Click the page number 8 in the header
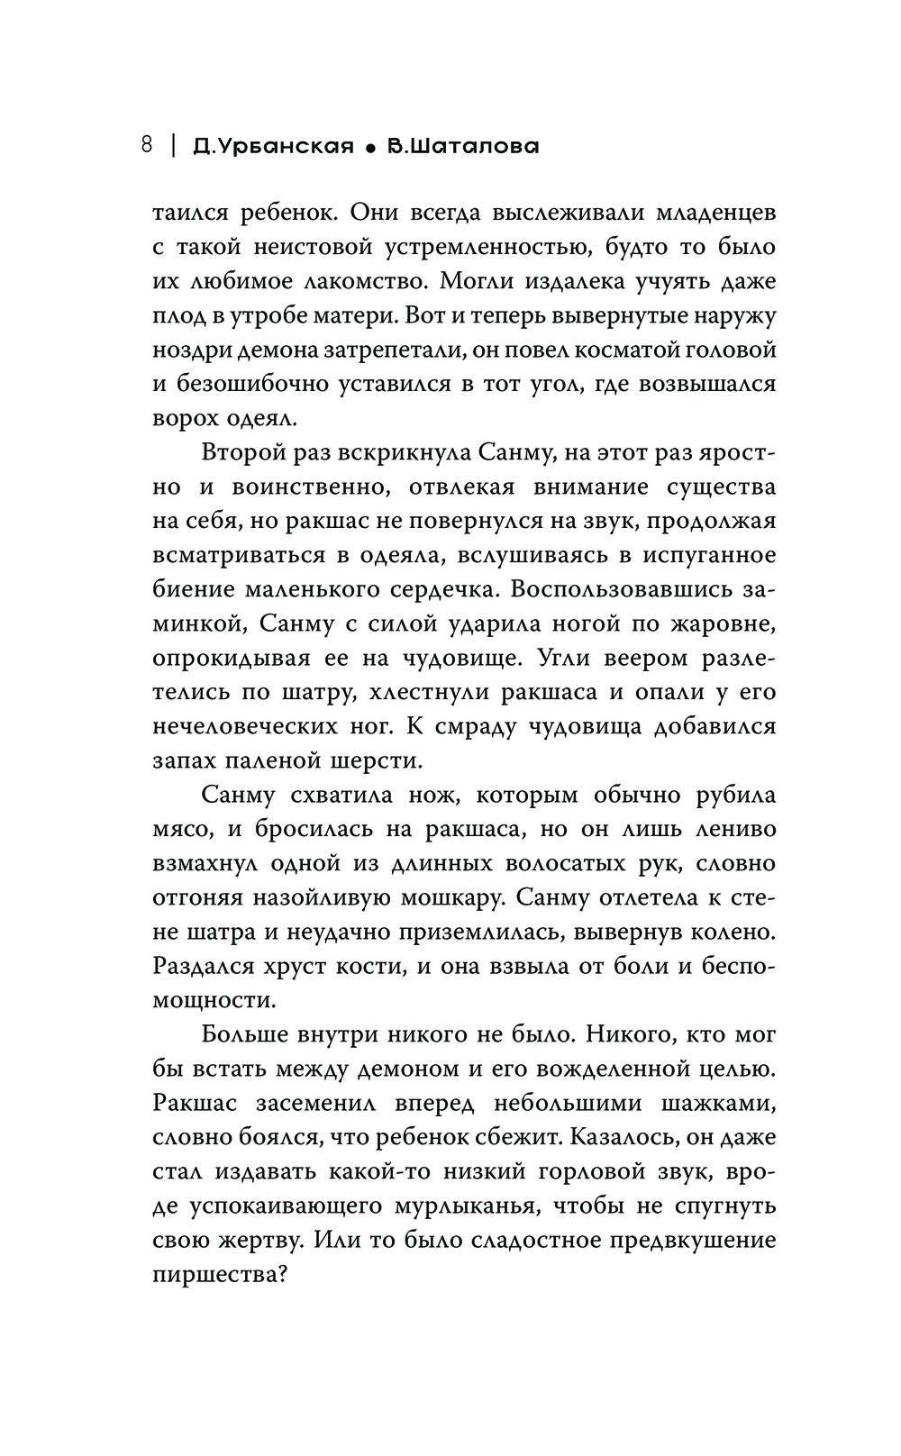click(147, 145)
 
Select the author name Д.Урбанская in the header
click(273, 146)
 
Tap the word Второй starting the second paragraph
click(250, 452)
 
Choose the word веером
click(624, 658)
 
